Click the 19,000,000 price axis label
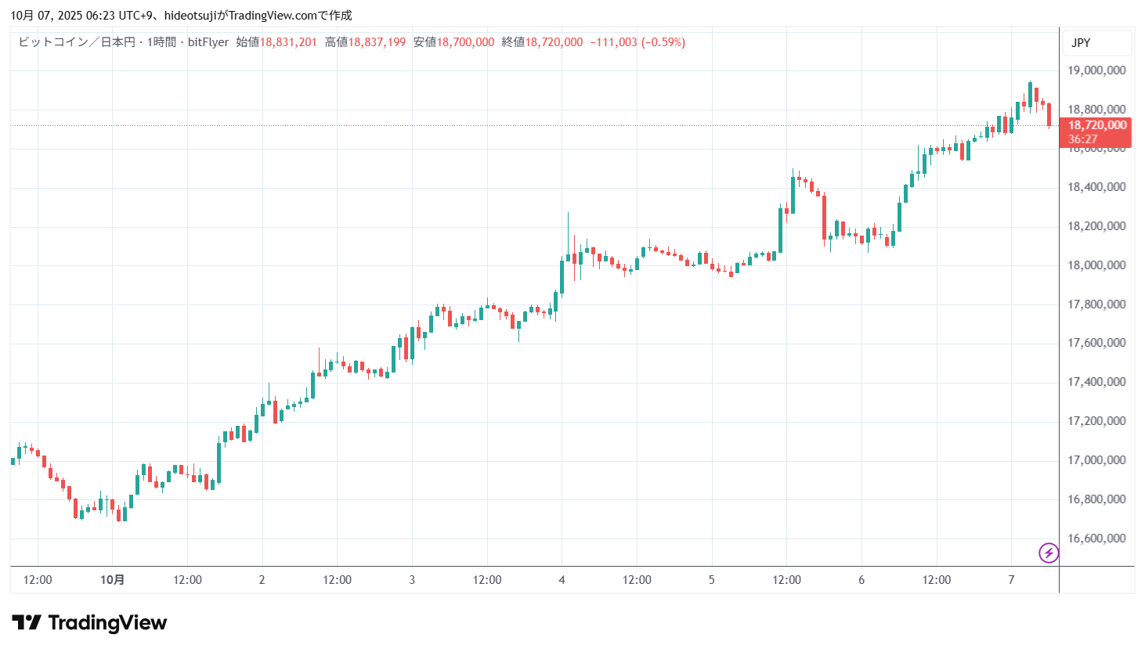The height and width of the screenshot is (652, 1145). [1096, 70]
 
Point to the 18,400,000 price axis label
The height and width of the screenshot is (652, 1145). [1096, 187]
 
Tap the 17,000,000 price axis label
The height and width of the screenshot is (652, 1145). [1096, 460]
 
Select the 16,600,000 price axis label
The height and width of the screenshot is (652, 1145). [1096, 539]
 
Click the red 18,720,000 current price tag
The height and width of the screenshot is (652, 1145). [1097, 125]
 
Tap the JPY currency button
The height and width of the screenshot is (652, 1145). [1081, 43]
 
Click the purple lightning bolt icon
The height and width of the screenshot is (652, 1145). [1049, 553]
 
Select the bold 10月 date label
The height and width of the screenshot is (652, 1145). [112, 580]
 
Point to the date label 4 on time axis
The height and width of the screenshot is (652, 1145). [562, 580]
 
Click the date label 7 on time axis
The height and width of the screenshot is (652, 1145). [1011, 580]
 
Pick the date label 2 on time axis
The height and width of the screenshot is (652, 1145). [262, 580]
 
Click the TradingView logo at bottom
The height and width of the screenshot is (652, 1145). [89, 623]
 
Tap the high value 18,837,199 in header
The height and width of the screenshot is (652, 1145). [377, 42]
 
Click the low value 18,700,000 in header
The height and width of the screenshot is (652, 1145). [465, 42]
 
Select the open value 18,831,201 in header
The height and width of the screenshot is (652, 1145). [288, 42]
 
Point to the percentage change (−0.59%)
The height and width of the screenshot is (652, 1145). [663, 42]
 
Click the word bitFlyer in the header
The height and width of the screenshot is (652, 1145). [208, 42]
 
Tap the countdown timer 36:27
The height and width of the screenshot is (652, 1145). [1083, 139]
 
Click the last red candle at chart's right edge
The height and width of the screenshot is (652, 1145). [1049, 114]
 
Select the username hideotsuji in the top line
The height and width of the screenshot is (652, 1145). [190, 16]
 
